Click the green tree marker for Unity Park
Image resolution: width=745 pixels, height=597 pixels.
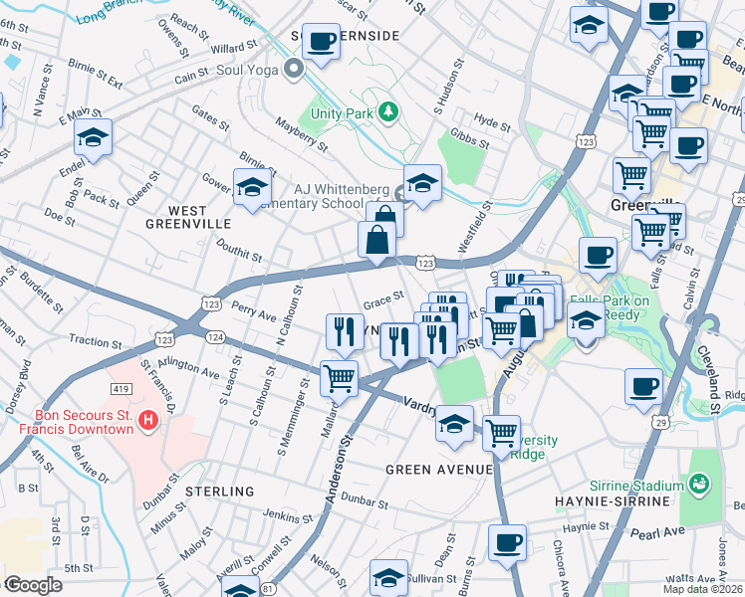pyautogui.click(x=388, y=112)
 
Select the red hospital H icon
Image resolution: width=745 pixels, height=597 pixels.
pyautogui.click(x=148, y=421)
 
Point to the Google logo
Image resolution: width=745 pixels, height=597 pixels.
pyautogui.click(x=33, y=585)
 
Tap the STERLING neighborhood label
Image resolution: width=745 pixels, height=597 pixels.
pyautogui.click(x=218, y=492)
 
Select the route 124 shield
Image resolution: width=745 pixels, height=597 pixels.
pyautogui.click(x=215, y=338)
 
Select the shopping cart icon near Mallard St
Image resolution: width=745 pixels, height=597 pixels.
pyautogui.click(x=339, y=378)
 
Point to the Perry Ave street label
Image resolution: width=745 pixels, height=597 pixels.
pyautogui.click(x=254, y=311)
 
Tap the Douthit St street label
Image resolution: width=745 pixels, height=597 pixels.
pyautogui.click(x=238, y=256)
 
